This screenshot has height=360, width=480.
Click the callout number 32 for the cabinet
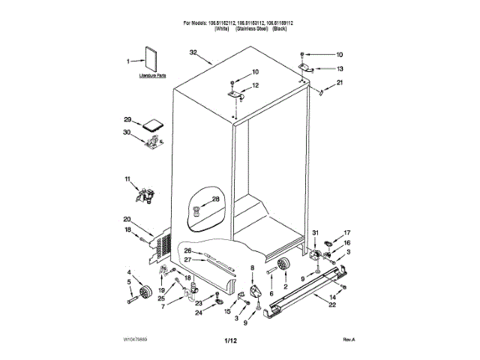click(x=193, y=52)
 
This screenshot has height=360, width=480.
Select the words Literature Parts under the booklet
click(x=152, y=77)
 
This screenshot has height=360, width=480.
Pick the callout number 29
click(x=127, y=120)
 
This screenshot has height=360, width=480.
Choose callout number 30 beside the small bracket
click(x=127, y=133)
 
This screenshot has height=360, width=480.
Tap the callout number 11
click(x=127, y=179)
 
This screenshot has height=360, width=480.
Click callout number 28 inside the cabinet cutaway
click(x=215, y=199)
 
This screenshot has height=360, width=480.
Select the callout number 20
click(x=127, y=219)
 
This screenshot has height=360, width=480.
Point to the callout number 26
click(x=188, y=250)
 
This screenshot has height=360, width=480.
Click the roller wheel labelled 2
click(x=283, y=265)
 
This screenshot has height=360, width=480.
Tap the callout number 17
click(x=346, y=233)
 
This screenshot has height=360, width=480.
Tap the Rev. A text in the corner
click(x=348, y=340)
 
